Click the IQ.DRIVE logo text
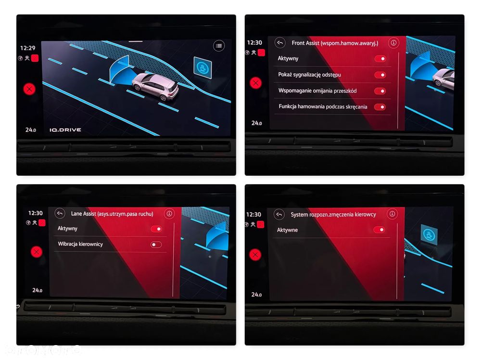[65, 130]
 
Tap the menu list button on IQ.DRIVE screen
[219, 46]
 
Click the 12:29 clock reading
[27, 48]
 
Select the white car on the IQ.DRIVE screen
[155, 86]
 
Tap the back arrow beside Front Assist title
[280, 43]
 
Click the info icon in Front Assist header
[393, 43]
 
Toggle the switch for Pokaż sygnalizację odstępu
[380, 75]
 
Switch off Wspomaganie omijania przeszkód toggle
[380, 91]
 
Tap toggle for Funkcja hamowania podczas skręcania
[380, 107]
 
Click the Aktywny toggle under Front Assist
[380, 59]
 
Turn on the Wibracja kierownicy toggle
[156, 244]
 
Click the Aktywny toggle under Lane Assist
[156, 229]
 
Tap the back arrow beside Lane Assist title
[60, 213]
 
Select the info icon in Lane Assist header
[169, 213]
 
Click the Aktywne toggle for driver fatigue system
[379, 230]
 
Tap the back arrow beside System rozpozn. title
[279, 214]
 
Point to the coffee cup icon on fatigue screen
[429, 235]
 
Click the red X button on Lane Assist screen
[37, 252]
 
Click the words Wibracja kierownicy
[80, 244]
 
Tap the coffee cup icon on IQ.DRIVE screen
[203, 67]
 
